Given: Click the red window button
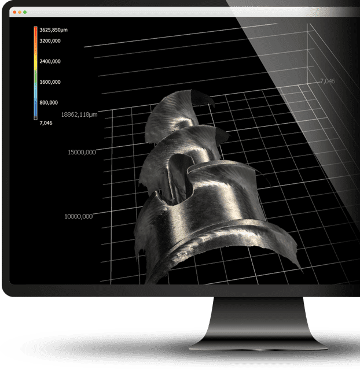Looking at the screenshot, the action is click(14, 12).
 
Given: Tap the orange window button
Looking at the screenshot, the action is click(20, 12).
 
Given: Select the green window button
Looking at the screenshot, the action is click(25, 12).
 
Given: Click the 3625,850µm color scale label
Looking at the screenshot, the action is click(53, 29).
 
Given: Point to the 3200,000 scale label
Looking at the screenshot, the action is click(50, 41).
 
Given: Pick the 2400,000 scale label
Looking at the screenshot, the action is click(50, 61).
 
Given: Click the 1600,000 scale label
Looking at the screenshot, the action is click(50, 82).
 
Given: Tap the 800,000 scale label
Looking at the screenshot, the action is click(49, 102).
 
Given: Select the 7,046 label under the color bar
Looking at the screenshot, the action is click(46, 123).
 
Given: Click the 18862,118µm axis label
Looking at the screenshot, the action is click(79, 114).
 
